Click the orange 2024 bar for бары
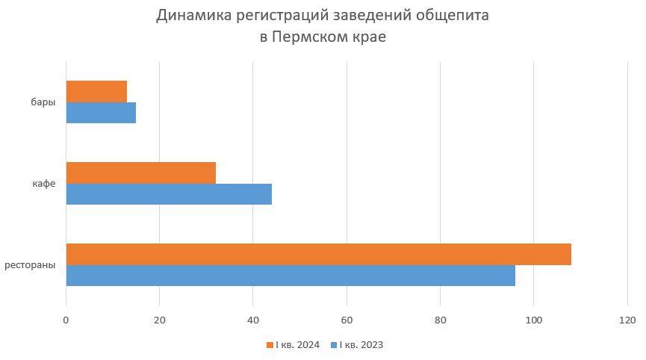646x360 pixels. (x=96, y=91)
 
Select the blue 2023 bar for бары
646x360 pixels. (x=101, y=113)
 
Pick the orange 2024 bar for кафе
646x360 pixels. (x=140, y=173)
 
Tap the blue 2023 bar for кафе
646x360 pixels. (x=169, y=194)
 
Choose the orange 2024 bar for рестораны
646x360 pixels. (x=318, y=254)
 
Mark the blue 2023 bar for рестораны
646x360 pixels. (x=291, y=276)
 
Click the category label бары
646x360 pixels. (x=45, y=102)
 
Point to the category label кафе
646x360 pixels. (x=45, y=184)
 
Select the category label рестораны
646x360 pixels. (x=31, y=265)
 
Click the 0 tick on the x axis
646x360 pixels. (x=66, y=320)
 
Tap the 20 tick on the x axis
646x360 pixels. (x=159, y=320)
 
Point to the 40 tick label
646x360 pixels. (x=253, y=320)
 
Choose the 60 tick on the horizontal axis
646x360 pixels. (x=347, y=320)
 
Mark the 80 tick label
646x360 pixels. (x=440, y=320)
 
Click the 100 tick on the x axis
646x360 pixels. (x=533, y=320)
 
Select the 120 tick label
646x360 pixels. (x=627, y=320)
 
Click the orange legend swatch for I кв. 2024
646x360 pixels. (x=270, y=345)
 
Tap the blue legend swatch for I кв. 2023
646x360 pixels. (x=334, y=345)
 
